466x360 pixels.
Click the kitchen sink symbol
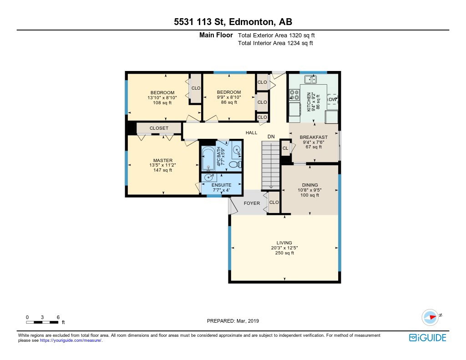click(x=310, y=79)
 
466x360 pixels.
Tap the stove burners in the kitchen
click(x=294, y=95)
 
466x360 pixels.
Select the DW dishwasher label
click(x=332, y=100)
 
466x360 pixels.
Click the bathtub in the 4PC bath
click(x=208, y=159)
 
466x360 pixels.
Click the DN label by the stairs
click(x=271, y=137)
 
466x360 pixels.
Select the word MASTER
click(x=163, y=160)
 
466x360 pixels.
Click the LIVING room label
click(x=284, y=243)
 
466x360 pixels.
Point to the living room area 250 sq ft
click(x=284, y=253)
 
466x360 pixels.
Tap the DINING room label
click(x=310, y=185)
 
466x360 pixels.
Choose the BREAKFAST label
click(x=314, y=137)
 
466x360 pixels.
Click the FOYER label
click(x=252, y=203)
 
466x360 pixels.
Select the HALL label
click(x=251, y=132)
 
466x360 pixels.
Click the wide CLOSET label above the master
click(x=159, y=128)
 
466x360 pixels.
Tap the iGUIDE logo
click(x=428, y=338)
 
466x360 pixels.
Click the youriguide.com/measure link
click(x=71, y=340)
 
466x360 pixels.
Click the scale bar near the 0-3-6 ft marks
click(x=42, y=322)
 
